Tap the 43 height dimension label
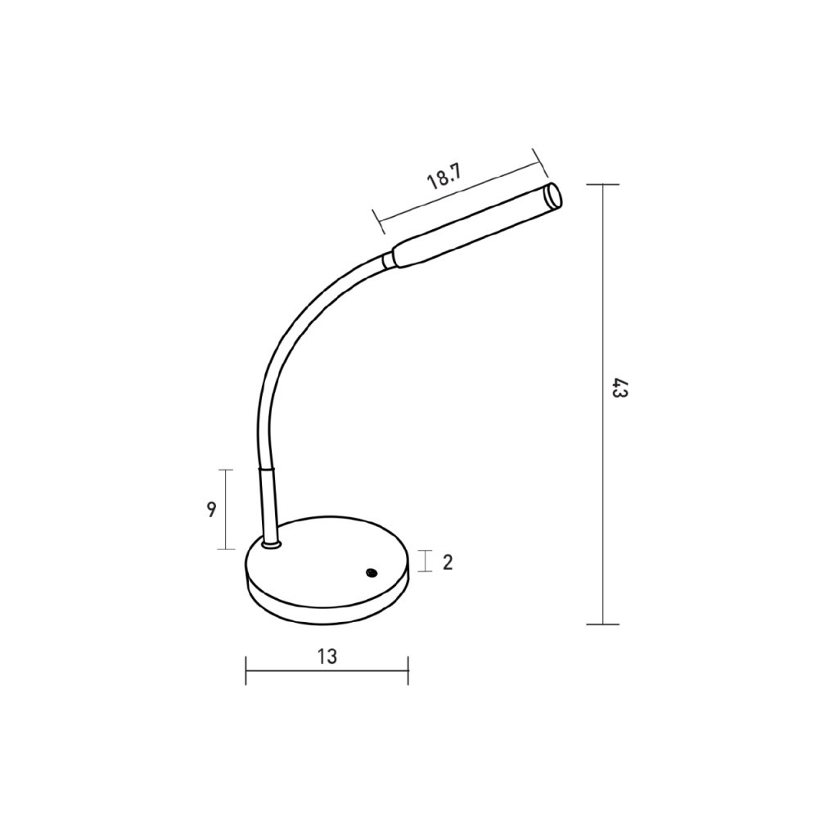619,389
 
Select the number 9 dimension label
211,509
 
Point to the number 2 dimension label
448,562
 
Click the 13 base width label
327,656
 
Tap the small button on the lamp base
372,572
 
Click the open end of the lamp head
554,196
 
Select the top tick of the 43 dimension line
603,185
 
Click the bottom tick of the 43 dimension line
603,624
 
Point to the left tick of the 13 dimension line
246,670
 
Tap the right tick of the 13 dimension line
408,670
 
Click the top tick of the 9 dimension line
225,470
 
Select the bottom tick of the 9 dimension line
225,549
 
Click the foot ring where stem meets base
272,543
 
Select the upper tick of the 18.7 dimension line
539,160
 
